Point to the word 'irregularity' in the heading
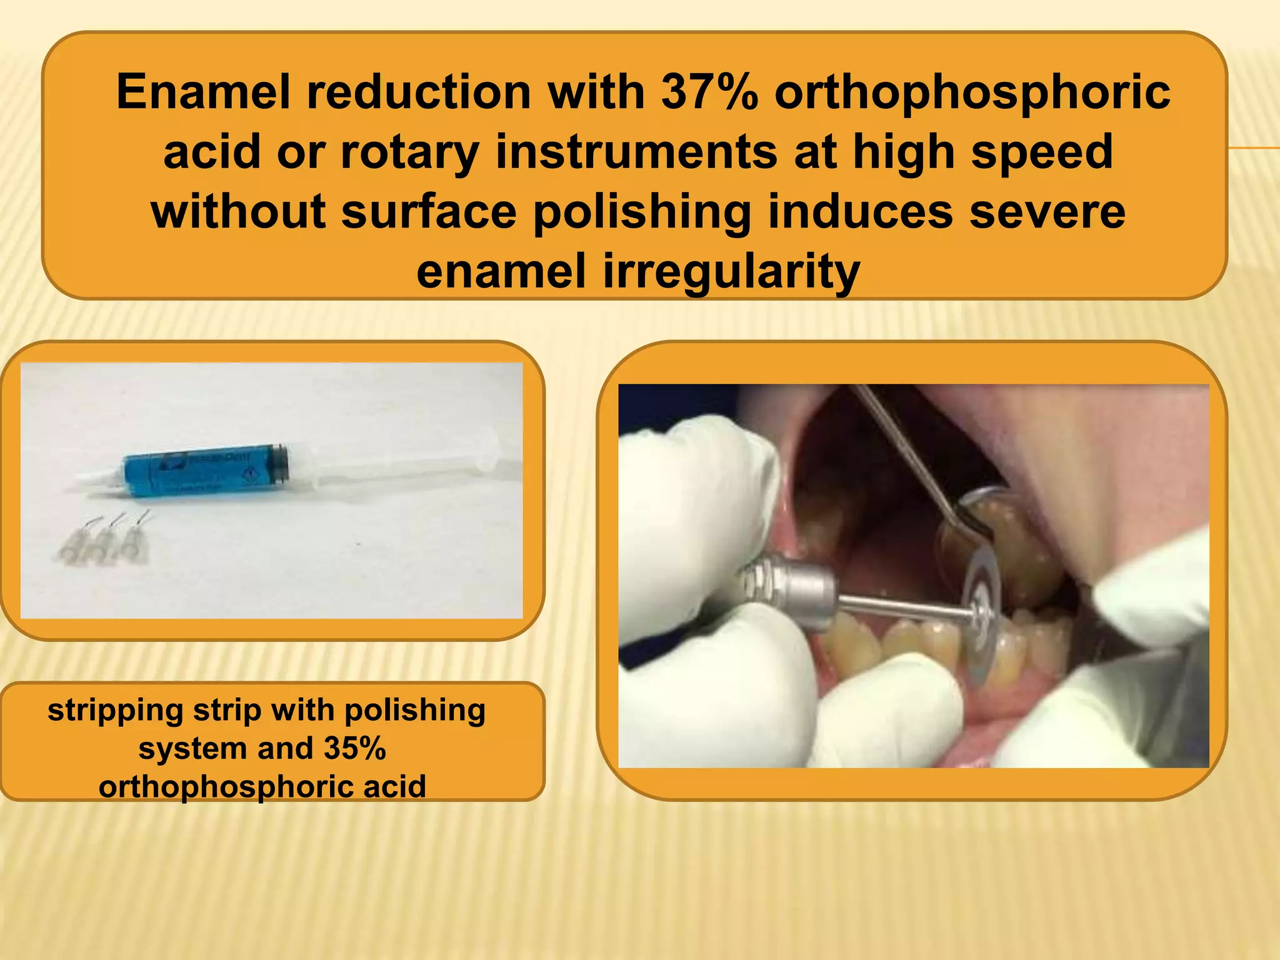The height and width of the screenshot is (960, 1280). click(731, 271)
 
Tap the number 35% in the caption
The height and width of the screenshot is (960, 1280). click(355, 748)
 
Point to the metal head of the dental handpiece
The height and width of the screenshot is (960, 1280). click(794, 587)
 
